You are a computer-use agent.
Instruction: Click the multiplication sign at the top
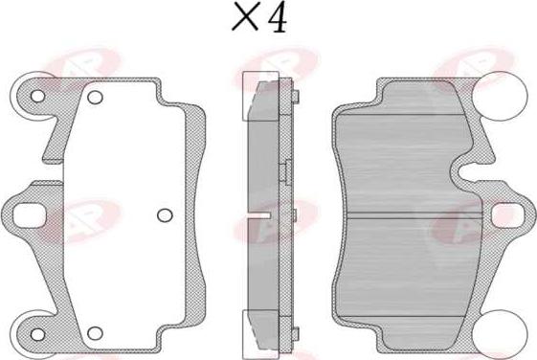coord(245,16)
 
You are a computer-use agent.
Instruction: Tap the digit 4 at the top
coord(278,18)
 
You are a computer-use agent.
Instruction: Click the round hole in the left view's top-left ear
coord(37,97)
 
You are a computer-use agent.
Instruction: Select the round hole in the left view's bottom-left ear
coord(37,334)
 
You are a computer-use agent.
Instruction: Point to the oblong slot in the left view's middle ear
coord(29,215)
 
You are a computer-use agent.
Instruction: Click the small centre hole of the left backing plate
coord(165,215)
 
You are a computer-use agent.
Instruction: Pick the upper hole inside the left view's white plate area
coord(95,98)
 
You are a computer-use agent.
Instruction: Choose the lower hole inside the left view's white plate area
coord(95,333)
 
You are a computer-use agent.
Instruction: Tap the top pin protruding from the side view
coord(296,97)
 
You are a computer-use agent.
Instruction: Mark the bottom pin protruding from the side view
coord(296,334)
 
